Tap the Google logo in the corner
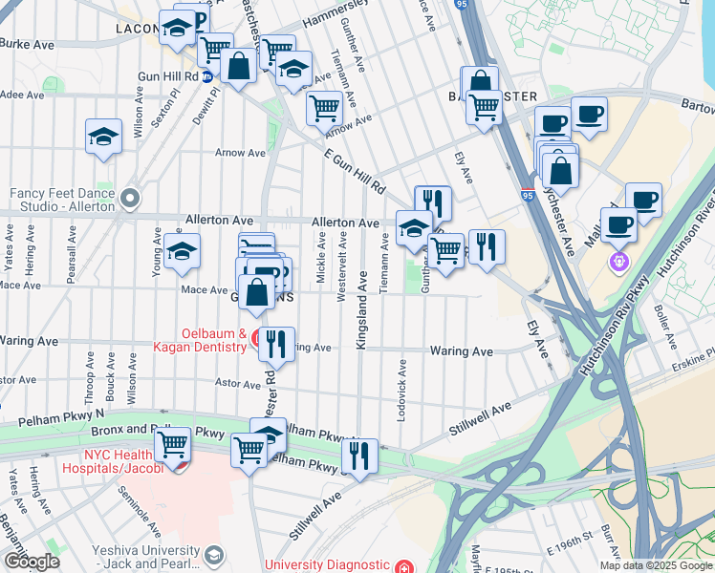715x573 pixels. tap(32, 562)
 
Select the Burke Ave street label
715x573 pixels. tap(27, 44)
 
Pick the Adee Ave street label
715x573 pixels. tap(23, 95)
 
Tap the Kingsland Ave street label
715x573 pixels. tap(362, 311)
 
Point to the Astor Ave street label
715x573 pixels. tap(237, 384)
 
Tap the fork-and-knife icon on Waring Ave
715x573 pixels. tap(275, 342)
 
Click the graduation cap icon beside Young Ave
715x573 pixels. tap(179, 251)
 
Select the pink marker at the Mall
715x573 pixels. tap(619, 259)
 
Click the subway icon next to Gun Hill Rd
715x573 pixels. tap(206, 78)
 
